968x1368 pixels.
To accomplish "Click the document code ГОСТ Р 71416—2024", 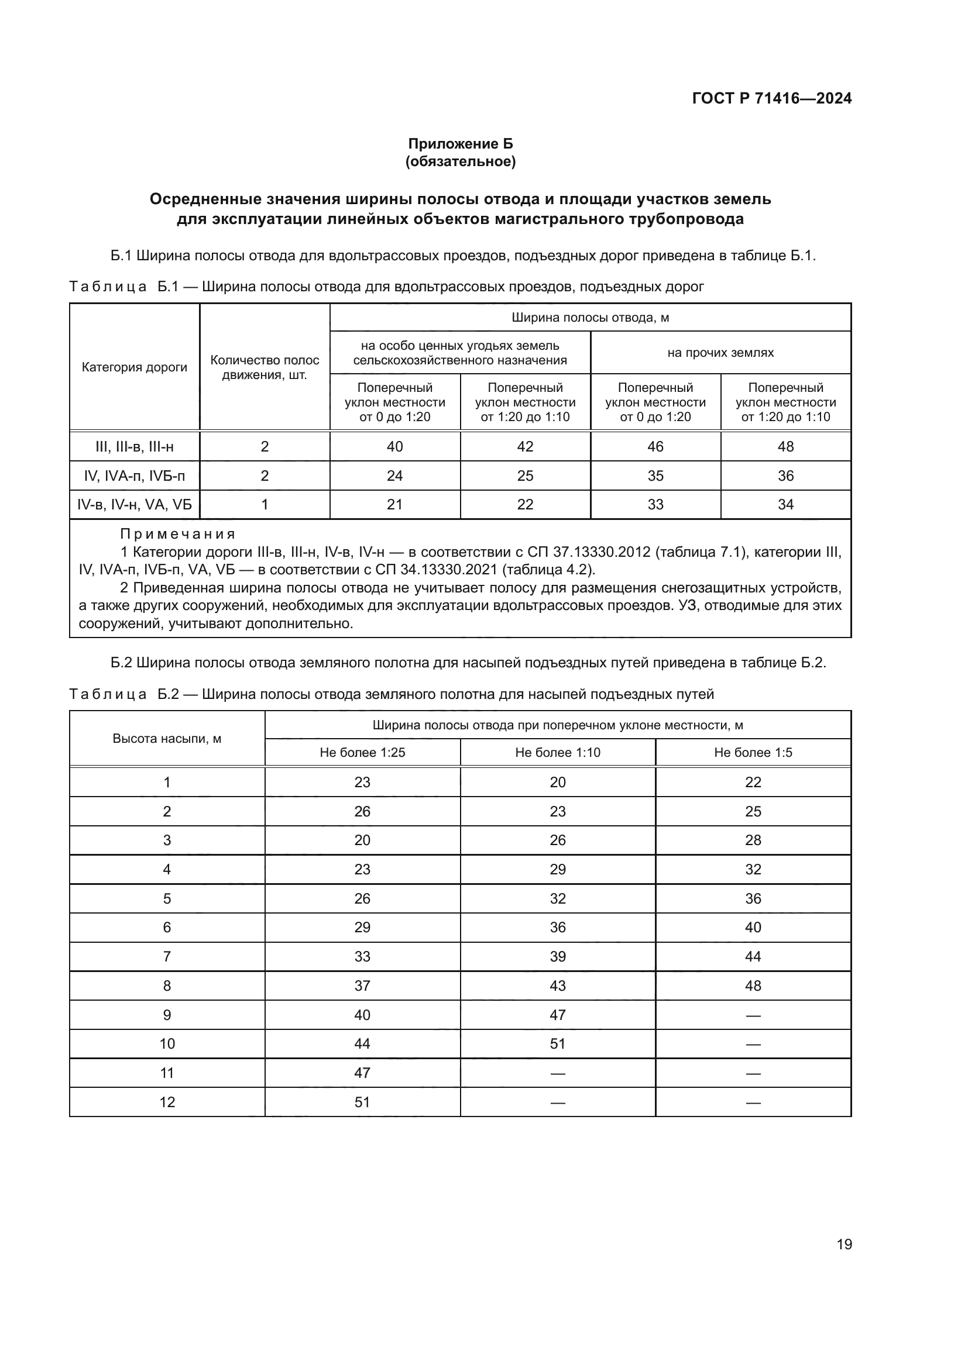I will pyautogui.click(x=771, y=98).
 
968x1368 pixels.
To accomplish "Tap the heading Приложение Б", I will pyautogui.click(x=460, y=144).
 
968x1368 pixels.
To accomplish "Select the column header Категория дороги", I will pyautogui.click(x=134, y=367).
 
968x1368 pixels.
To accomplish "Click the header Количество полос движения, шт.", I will pyautogui.click(x=265, y=367).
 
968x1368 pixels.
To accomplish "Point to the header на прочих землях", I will pyautogui.click(x=720, y=352).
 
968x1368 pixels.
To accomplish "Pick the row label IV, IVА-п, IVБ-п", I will pyautogui.click(x=134, y=475).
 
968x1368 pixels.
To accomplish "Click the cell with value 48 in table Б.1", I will pyautogui.click(x=785, y=446).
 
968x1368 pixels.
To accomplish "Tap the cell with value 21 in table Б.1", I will pyautogui.click(x=394, y=505).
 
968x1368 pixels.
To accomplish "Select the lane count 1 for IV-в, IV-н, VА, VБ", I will pyautogui.click(x=265, y=505).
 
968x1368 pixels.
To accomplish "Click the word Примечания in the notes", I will pyautogui.click(x=178, y=534).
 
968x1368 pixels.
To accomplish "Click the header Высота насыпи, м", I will pyautogui.click(x=167, y=739).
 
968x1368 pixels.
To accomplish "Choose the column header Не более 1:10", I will pyautogui.click(x=557, y=753).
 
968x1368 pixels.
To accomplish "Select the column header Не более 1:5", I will pyautogui.click(x=753, y=753).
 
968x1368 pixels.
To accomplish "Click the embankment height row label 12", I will pyautogui.click(x=167, y=1102).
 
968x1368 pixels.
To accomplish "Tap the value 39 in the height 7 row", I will pyautogui.click(x=557, y=956).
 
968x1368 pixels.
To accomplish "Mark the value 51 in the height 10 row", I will pyautogui.click(x=557, y=1044).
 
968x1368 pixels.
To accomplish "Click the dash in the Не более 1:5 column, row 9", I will pyautogui.click(x=753, y=1015).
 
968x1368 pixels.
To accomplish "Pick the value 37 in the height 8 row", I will pyautogui.click(x=362, y=985).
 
